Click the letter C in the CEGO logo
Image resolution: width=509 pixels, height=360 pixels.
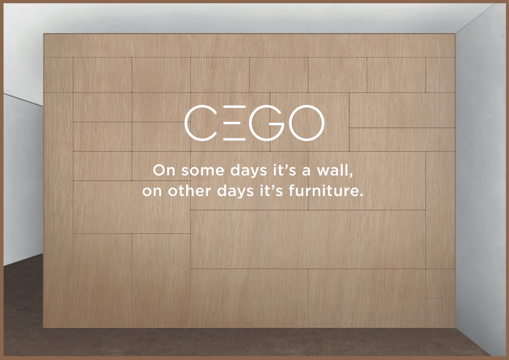point(186,123)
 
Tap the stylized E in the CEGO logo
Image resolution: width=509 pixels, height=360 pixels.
point(234,123)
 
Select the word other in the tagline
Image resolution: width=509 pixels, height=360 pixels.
point(190,191)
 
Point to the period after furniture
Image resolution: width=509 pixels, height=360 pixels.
point(361,195)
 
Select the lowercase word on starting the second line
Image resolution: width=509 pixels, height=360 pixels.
point(152,192)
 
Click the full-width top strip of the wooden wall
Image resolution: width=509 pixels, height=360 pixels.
point(249,45)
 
